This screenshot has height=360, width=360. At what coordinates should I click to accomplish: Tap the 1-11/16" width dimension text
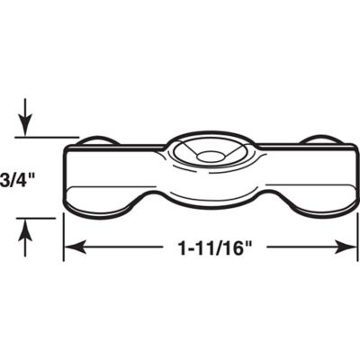point(208,246)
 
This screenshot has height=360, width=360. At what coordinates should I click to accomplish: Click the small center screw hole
point(209,157)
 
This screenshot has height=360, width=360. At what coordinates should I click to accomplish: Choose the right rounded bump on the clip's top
point(321,139)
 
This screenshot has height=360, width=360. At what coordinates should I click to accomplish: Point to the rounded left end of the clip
point(66,180)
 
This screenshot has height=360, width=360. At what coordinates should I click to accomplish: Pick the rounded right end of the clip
point(354,180)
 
